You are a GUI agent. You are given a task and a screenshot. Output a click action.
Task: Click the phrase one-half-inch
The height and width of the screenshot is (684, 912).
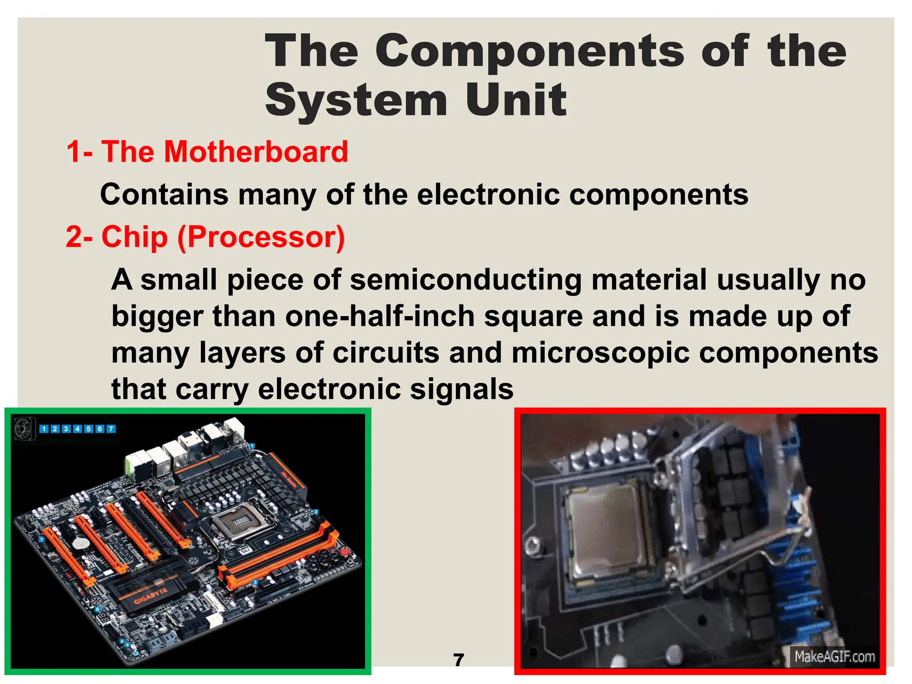click(380, 317)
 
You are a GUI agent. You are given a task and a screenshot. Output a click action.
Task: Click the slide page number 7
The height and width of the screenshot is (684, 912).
click(458, 660)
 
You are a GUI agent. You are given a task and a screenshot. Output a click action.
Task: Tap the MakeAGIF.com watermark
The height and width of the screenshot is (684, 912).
click(834, 657)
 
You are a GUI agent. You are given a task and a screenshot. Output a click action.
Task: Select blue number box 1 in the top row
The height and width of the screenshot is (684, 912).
click(44, 429)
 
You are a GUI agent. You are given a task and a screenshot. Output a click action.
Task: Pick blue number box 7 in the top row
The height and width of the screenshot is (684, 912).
click(111, 429)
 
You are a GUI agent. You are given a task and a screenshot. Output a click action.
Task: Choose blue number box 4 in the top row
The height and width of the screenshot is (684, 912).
click(77, 429)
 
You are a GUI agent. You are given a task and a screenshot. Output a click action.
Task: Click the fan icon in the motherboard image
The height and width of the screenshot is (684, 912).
click(23, 428)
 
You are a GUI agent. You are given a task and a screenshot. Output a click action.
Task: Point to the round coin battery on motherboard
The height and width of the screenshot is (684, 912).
click(81, 544)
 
